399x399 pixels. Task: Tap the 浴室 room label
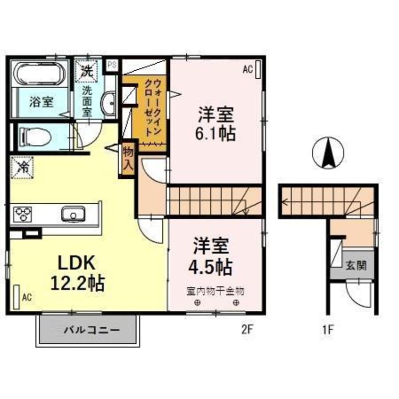tap(42, 101)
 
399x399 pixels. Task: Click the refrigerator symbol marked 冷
tap(22, 167)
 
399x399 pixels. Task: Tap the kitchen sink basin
tap(74, 215)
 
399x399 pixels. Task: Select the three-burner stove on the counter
tap(23, 215)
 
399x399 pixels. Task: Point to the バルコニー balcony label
tap(88, 330)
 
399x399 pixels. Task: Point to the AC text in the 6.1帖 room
tap(247, 70)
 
